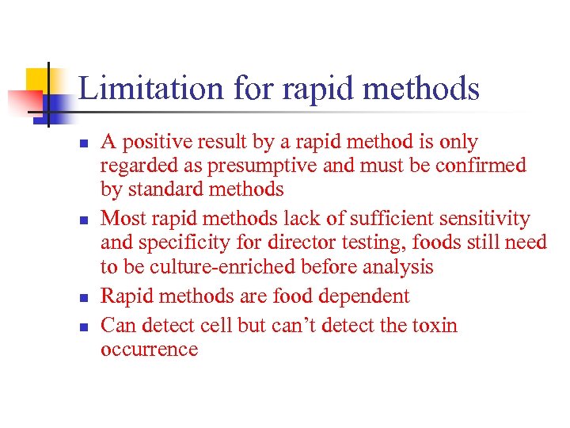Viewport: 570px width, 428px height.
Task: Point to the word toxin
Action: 429,326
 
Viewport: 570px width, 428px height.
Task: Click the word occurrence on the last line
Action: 149,350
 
